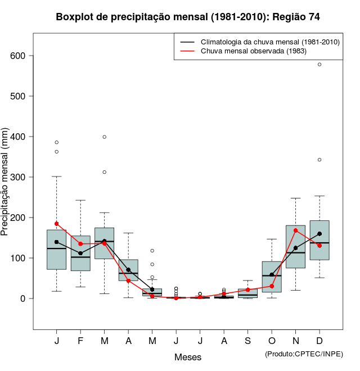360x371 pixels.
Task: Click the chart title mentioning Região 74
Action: (x=188, y=17)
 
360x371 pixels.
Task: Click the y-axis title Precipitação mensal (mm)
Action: (x=6, y=189)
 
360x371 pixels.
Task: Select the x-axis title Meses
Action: (x=188, y=357)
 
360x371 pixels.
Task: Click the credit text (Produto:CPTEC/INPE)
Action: (x=304, y=354)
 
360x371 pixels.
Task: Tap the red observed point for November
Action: (x=296, y=230)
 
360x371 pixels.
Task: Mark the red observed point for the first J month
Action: (x=56, y=224)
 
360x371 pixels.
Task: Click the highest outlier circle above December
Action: (x=319, y=65)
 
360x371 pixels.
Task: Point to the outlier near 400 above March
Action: (x=105, y=137)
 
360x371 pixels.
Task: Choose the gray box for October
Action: (x=272, y=277)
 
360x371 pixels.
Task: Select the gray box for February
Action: (x=80, y=253)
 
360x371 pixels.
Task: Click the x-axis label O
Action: (x=272, y=341)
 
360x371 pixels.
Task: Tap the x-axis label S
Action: (x=248, y=341)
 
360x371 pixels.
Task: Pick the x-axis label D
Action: (x=319, y=341)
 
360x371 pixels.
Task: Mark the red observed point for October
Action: (x=272, y=286)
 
